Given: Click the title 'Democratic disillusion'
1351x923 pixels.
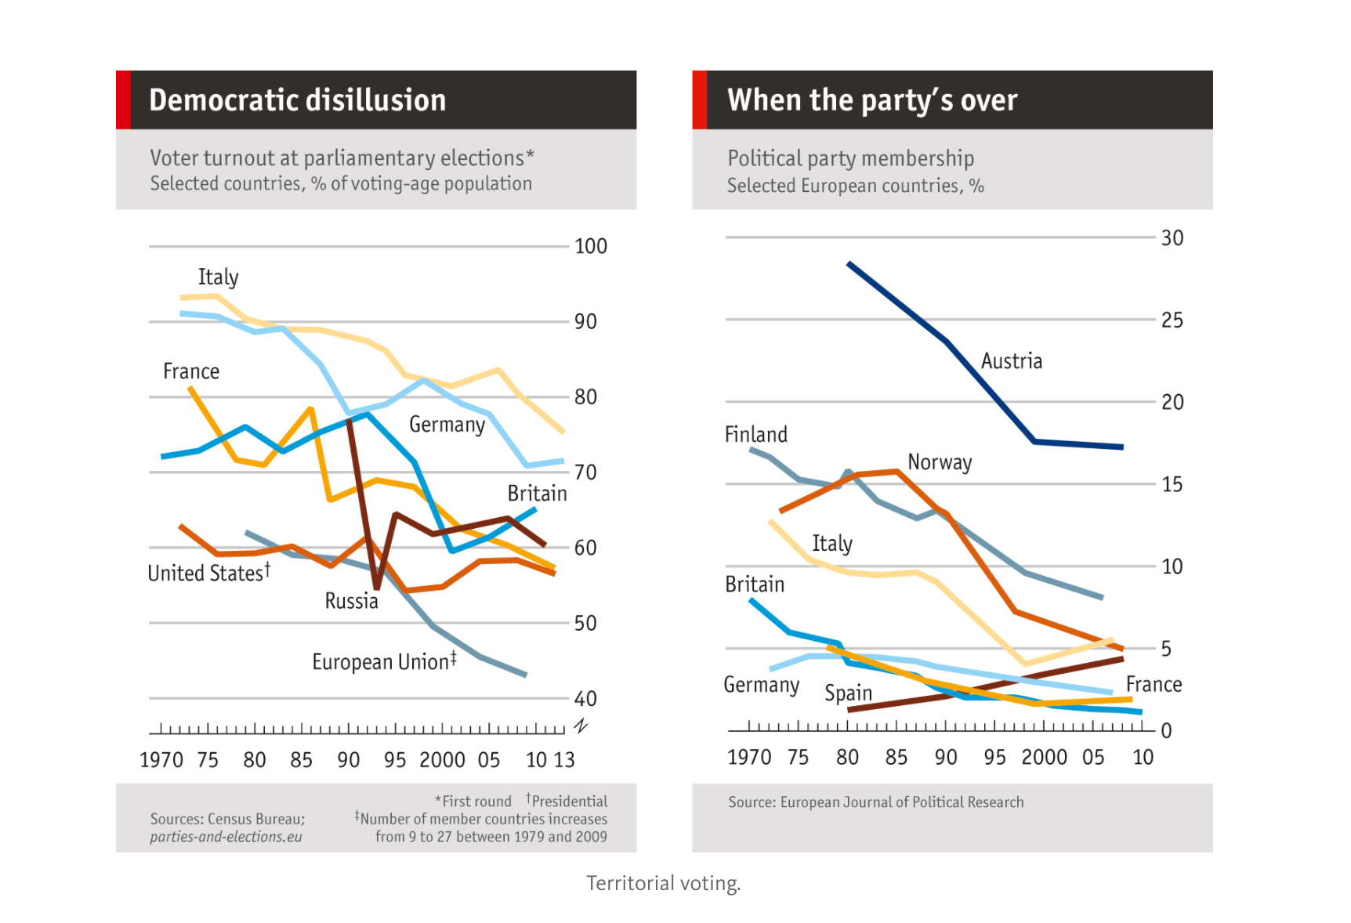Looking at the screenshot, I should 297,100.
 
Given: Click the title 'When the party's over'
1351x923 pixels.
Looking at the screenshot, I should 871,100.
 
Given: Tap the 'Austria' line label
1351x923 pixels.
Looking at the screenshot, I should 1011,361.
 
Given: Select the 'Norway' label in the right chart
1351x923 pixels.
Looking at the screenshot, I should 939,462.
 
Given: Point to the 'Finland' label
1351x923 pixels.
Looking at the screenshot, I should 755,435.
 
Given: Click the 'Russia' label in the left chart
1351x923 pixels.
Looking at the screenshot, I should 351,601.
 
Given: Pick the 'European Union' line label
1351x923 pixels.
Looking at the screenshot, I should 383,662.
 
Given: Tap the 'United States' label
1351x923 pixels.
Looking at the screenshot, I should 208,573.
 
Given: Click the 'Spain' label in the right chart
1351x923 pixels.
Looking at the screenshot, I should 848,693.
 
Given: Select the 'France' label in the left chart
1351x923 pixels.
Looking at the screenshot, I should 190,371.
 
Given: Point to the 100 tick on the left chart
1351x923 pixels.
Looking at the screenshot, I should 590,246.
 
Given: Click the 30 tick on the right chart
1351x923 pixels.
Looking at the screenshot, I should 1172,238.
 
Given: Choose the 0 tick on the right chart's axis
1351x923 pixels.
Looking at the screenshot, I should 1166,731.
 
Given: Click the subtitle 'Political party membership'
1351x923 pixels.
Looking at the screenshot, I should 850,158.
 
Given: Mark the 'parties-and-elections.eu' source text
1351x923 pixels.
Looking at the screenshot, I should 226,837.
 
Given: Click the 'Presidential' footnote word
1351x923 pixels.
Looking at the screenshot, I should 569,801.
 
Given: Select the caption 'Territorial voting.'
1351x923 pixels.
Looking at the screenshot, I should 663,883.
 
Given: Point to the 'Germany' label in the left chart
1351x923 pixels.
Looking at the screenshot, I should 447,425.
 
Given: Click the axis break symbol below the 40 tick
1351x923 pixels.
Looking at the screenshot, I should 581,726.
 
